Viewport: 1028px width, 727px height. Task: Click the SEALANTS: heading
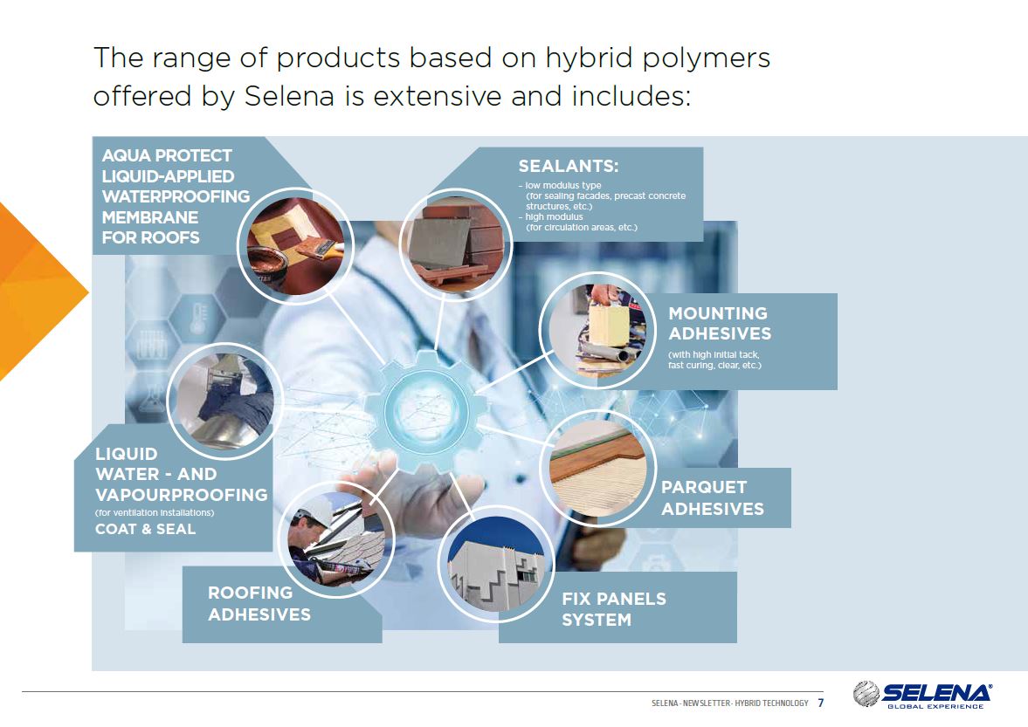tap(569, 167)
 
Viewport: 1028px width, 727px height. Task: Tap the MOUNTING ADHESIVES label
tap(719, 324)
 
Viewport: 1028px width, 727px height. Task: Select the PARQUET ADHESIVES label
tap(712, 497)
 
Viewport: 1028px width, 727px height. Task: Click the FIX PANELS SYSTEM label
tap(614, 609)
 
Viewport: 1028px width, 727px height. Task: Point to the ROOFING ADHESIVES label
tap(259, 603)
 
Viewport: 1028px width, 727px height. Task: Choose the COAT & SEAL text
tap(145, 529)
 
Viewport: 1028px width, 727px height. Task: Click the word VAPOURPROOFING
tap(182, 495)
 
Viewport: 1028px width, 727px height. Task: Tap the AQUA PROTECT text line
tap(167, 156)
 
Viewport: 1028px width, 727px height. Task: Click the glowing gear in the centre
tap(427, 412)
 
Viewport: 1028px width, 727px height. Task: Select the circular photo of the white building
tap(496, 564)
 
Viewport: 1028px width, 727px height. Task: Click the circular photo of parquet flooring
tap(598, 468)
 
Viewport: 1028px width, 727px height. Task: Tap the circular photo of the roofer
tap(336, 538)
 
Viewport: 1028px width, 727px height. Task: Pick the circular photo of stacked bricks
tap(456, 245)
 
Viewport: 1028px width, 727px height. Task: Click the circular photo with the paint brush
tap(295, 245)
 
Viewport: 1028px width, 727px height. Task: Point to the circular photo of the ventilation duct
tap(224, 401)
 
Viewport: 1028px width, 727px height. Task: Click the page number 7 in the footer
tap(820, 703)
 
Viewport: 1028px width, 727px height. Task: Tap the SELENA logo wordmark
tap(936, 693)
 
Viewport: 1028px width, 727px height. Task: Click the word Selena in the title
tap(289, 96)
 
